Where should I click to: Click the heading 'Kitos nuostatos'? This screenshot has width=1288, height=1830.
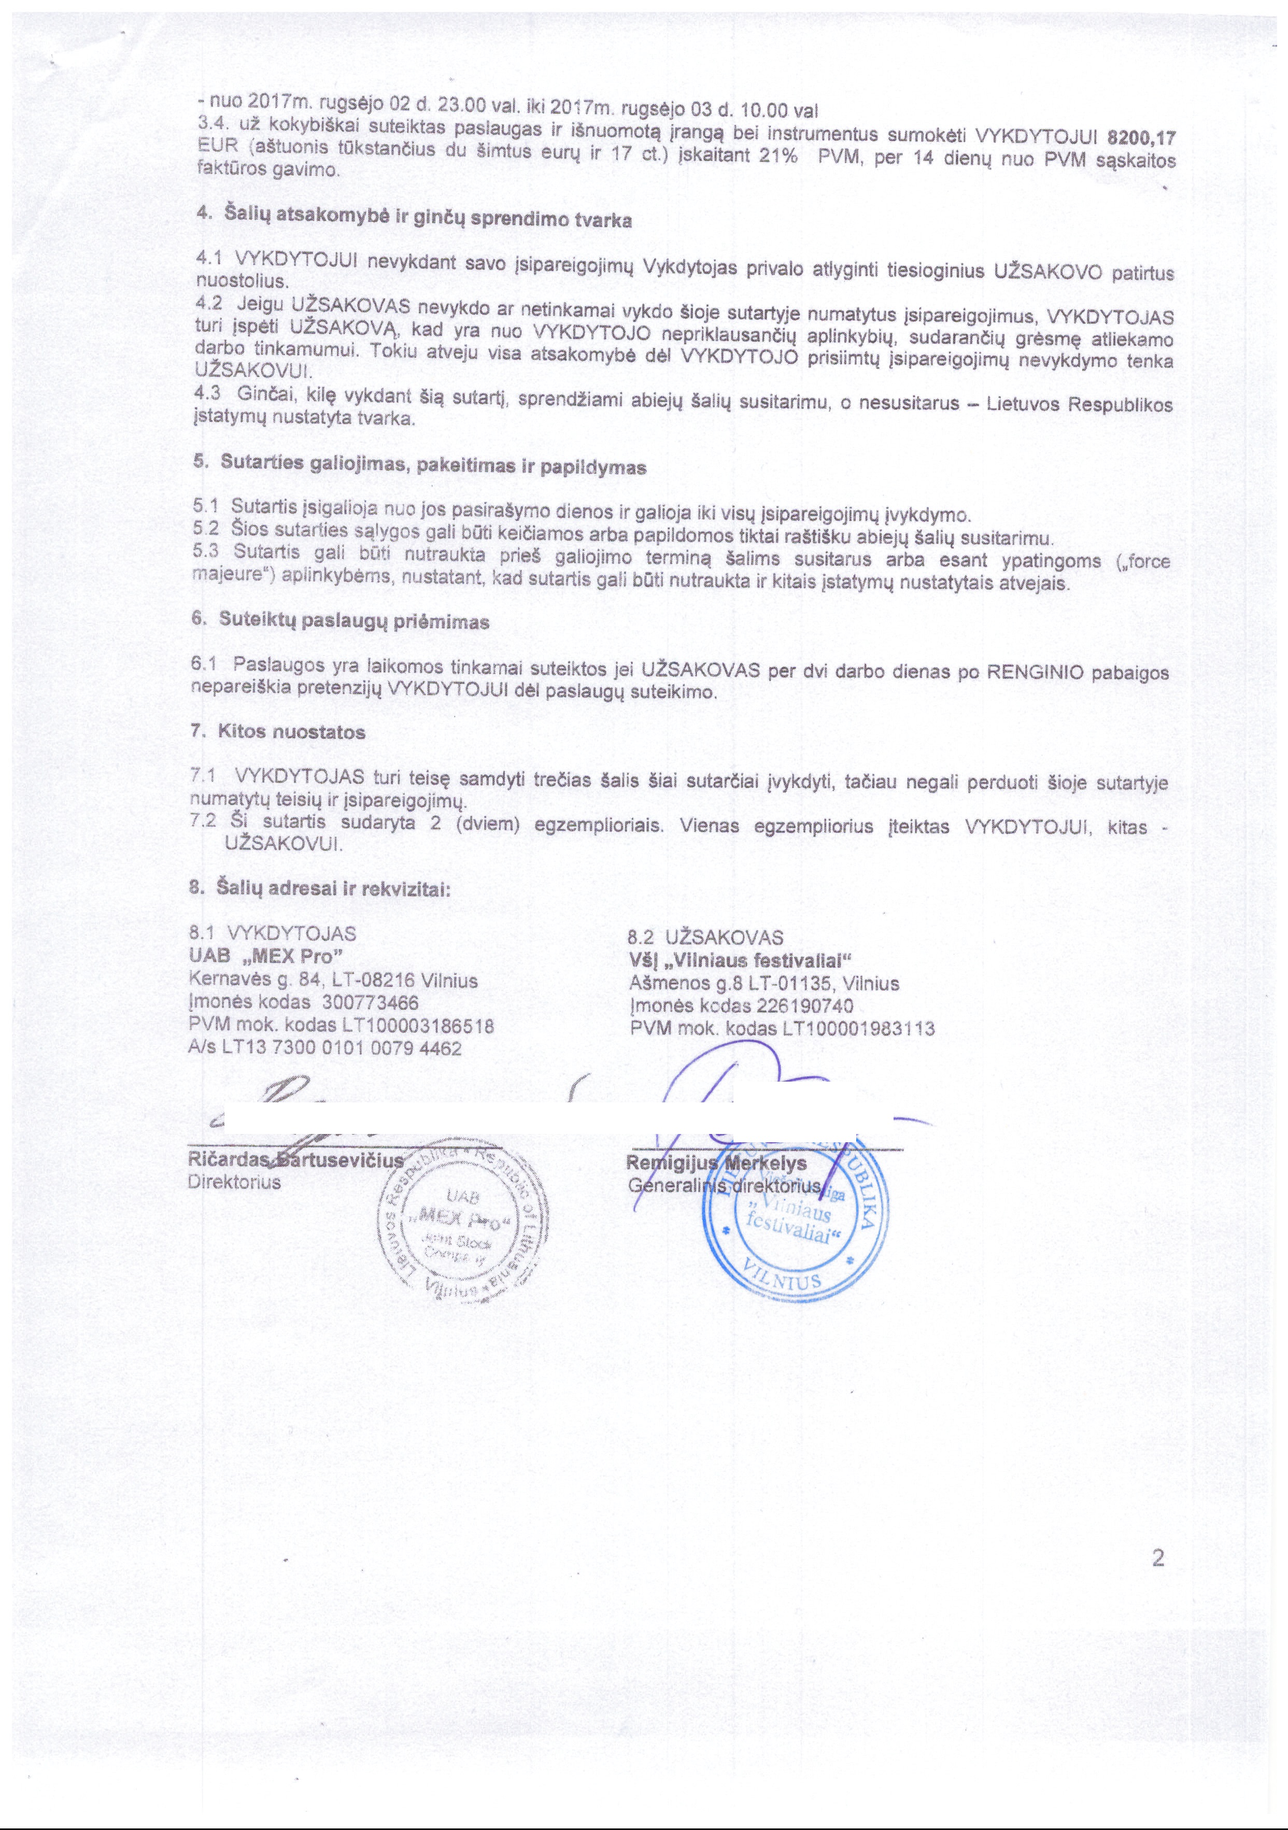(x=291, y=732)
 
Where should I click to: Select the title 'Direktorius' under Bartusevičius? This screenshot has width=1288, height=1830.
(x=234, y=1182)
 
